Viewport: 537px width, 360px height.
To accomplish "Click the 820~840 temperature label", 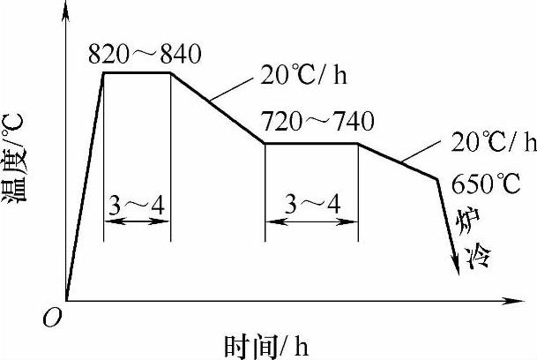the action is coord(145,54).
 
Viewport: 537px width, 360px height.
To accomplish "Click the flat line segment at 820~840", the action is coord(137,72).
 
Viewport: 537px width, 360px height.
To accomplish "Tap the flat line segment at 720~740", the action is coord(311,143).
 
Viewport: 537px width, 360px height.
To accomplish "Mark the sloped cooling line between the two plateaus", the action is coord(217,108).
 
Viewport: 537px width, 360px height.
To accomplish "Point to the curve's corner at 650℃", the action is coord(438,179).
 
